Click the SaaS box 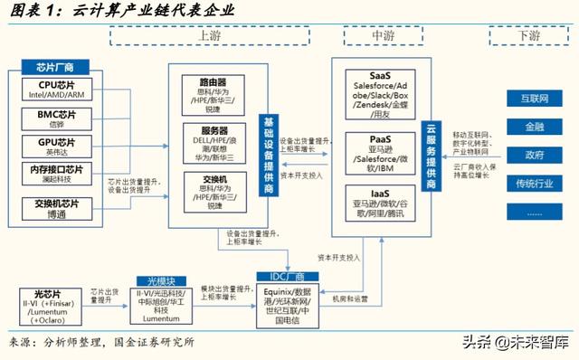(x=380, y=92)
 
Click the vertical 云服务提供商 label (x=432, y=153)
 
